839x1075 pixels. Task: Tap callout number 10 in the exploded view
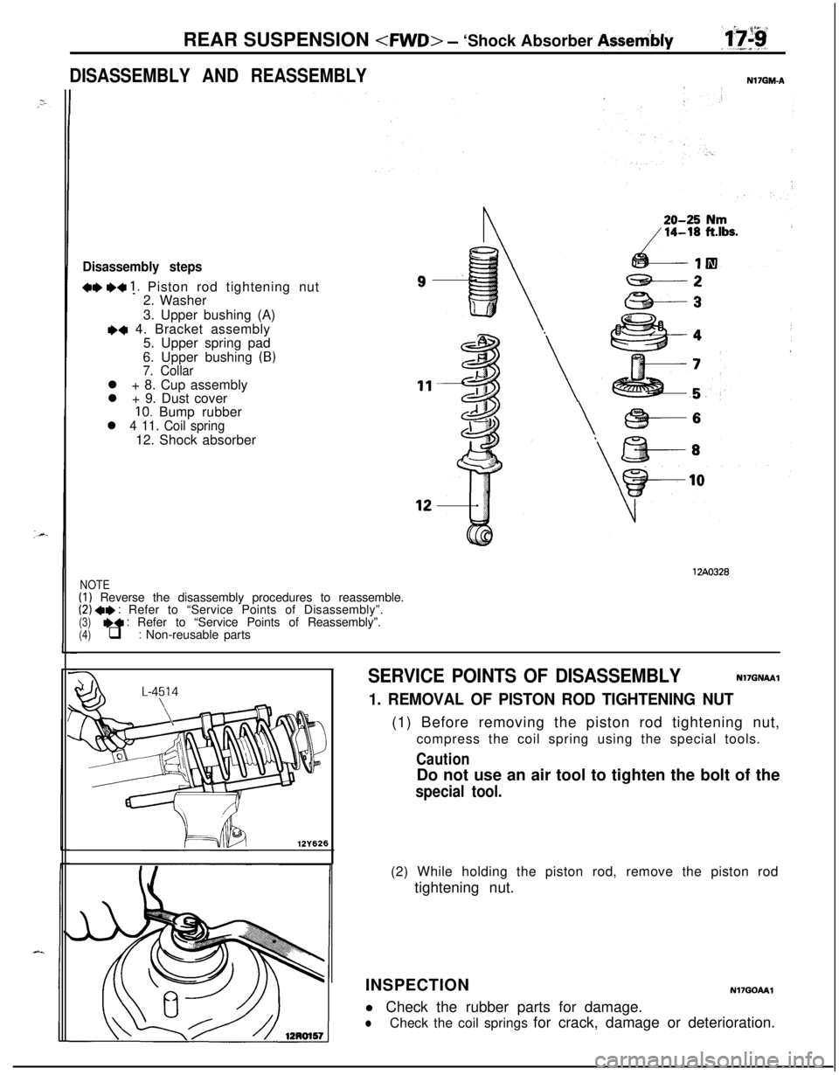click(697, 480)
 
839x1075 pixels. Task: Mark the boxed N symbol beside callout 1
click(711, 263)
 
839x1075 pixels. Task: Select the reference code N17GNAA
click(757, 678)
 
